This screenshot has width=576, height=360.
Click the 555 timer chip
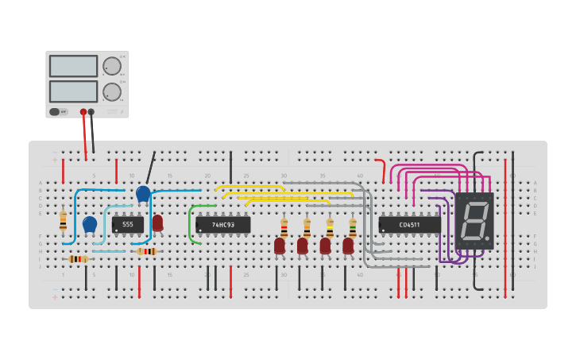[x=127, y=225]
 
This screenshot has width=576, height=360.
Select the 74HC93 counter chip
[x=222, y=225]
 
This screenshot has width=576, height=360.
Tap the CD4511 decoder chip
[x=409, y=225]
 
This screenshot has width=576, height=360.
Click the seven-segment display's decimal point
[x=488, y=238]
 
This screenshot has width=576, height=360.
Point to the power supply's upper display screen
[x=73, y=66]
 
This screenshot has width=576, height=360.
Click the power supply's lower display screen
[x=73, y=91]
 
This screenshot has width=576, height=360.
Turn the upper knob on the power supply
[x=112, y=66]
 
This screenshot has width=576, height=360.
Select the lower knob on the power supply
[x=112, y=92]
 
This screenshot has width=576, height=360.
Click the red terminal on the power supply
[x=83, y=112]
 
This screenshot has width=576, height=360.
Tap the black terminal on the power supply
[x=91, y=112]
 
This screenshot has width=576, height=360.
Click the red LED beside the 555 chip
[x=157, y=223]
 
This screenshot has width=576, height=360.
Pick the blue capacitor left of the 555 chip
[x=90, y=224]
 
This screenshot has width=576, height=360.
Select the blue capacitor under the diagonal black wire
[x=143, y=193]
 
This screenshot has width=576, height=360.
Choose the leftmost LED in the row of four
[x=280, y=246]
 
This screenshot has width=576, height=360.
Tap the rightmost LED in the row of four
[x=348, y=246]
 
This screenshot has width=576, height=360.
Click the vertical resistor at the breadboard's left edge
[x=64, y=220]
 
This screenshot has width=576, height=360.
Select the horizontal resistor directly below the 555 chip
[x=146, y=251]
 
